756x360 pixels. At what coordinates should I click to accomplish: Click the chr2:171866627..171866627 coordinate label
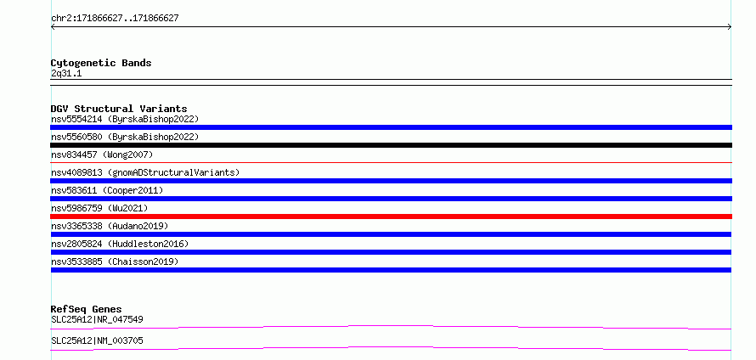click(x=115, y=19)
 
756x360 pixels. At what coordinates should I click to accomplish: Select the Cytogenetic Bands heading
click(x=101, y=63)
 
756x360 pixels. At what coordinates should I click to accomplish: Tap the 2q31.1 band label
click(x=66, y=74)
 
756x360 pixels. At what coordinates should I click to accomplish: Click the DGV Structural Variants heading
click(x=119, y=109)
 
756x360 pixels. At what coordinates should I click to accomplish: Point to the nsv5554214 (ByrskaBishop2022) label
click(x=125, y=119)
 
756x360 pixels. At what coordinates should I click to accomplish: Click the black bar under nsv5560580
click(x=391, y=145)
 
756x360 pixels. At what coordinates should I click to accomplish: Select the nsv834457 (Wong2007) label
click(x=102, y=155)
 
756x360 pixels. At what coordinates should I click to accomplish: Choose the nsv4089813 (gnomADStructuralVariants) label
click(x=145, y=172)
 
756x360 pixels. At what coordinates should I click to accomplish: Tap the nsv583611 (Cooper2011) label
click(x=107, y=190)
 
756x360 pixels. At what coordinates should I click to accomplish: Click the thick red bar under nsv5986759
click(x=391, y=217)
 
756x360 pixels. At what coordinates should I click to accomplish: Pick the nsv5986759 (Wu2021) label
click(x=99, y=208)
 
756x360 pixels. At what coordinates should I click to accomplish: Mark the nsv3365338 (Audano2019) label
click(x=110, y=226)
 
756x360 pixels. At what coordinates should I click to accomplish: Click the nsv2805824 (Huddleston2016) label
click(x=120, y=244)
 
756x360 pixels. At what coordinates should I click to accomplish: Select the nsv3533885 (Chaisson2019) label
click(x=115, y=262)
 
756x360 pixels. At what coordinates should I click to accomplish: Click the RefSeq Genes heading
click(x=87, y=309)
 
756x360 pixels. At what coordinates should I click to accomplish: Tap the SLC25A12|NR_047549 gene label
click(x=97, y=319)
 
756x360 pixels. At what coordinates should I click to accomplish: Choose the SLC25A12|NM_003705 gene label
click(x=97, y=340)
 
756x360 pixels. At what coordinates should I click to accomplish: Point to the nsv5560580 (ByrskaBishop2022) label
click(x=125, y=137)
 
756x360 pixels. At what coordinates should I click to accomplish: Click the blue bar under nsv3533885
click(x=391, y=270)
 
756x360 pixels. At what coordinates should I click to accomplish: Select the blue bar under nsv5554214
click(x=391, y=127)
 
